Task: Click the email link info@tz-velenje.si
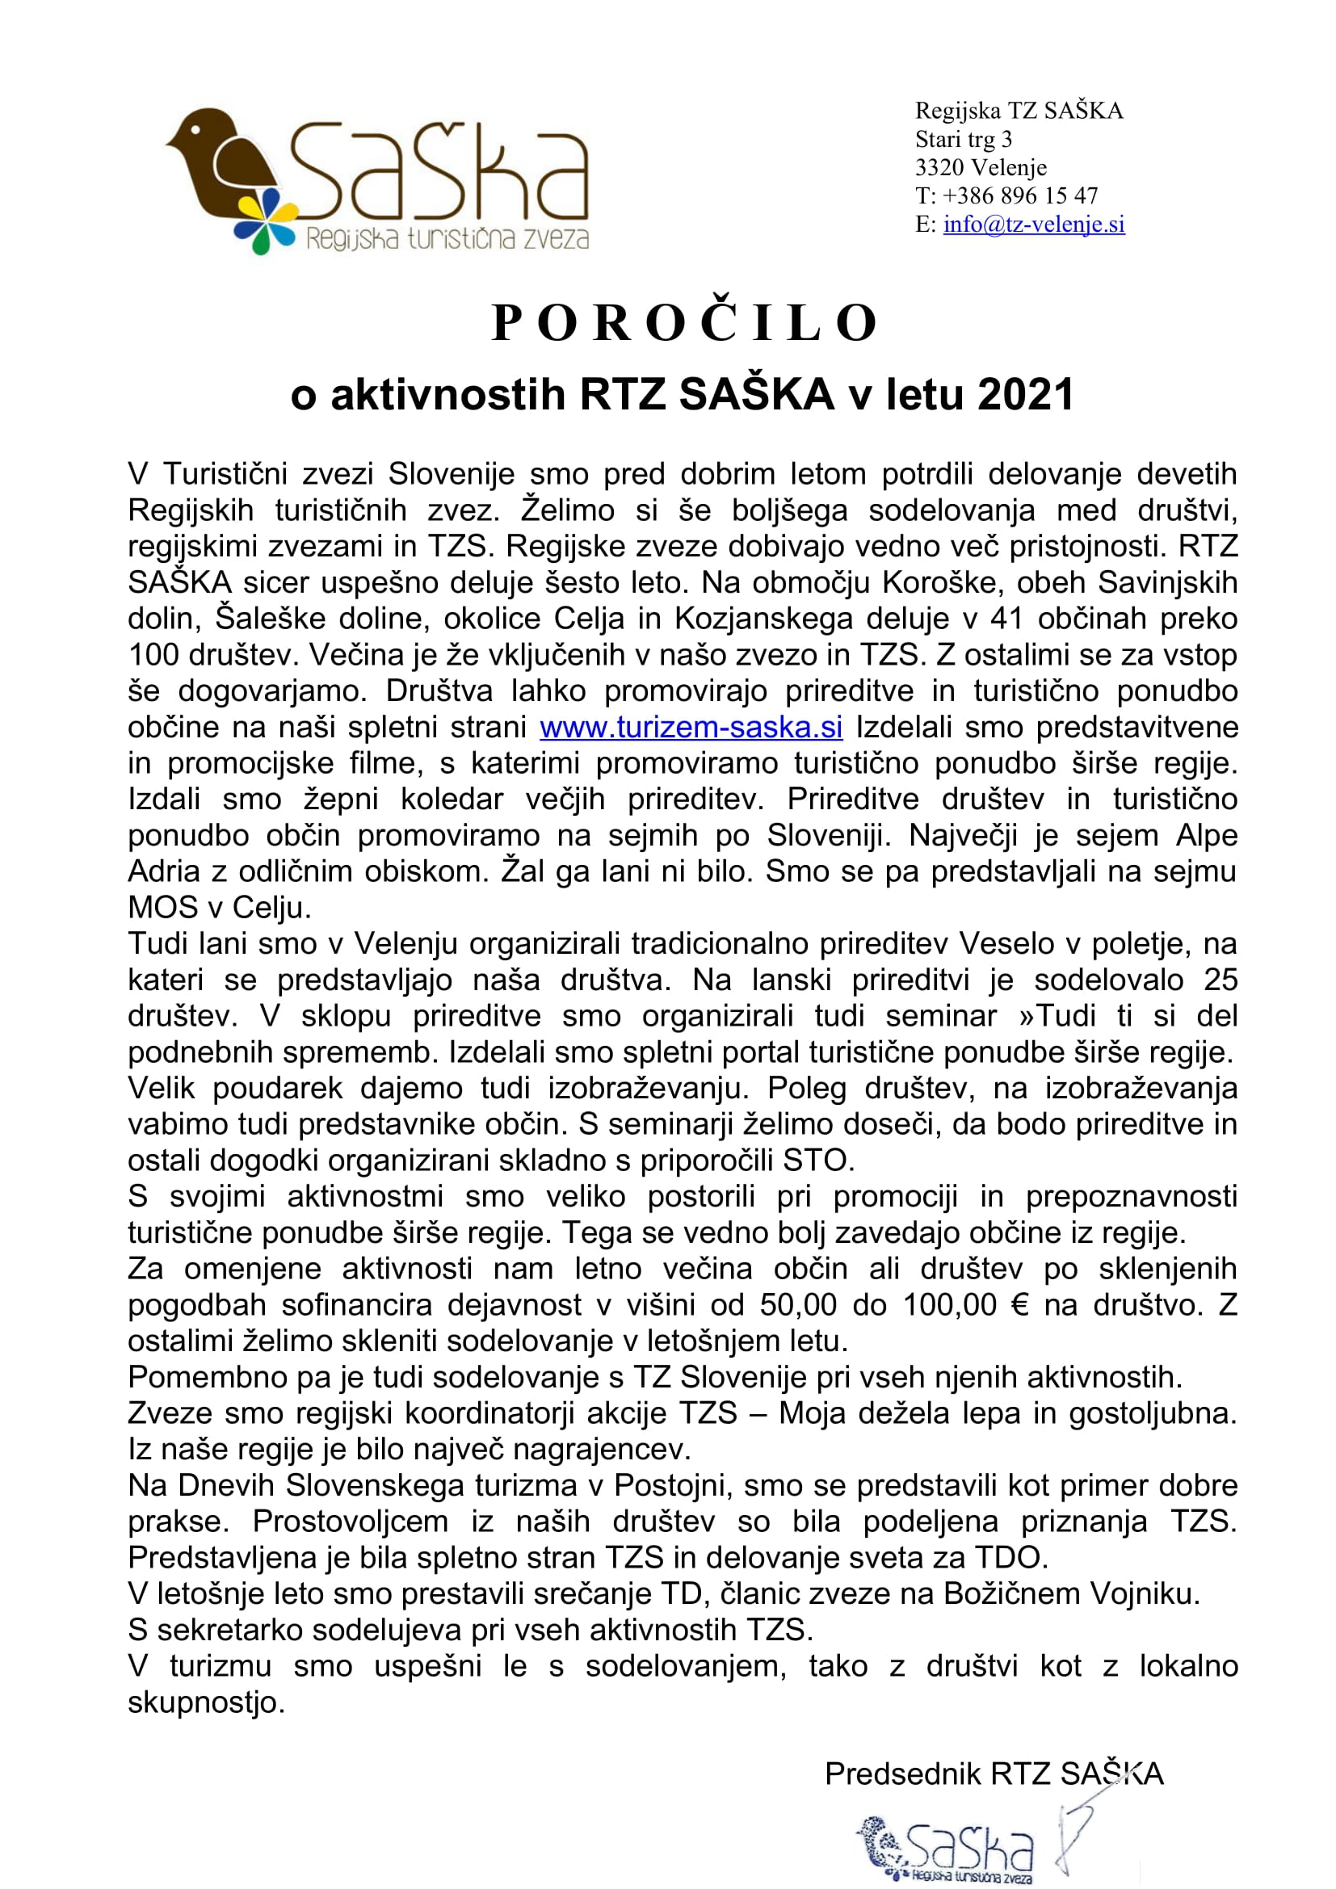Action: click(1033, 224)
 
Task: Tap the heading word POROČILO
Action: click(684, 322)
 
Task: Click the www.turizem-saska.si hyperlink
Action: click(691, 728)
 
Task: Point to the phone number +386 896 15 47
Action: click(1020, 195)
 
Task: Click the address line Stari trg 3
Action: click(964, 139)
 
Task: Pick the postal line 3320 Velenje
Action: click(981, 168)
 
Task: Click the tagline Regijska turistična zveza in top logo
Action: click(447, 238)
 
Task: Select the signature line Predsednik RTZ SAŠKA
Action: click(994, 1774)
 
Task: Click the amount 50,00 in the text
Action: click(797, 1305)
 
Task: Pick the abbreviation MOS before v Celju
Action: click(163, 908)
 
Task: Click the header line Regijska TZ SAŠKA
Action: click(1019, 111)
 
